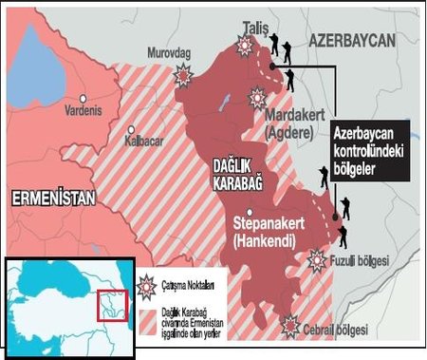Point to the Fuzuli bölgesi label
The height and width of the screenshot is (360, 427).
tap(359, 260)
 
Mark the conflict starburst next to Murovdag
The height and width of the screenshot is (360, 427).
tap(183, 76)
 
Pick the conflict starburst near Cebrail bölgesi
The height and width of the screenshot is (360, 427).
tap(290, 325)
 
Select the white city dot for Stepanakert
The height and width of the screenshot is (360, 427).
tap(249, 214)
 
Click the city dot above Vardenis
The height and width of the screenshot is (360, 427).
tap(84, 98)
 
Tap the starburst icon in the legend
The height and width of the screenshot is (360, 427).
tap(147, 281)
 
